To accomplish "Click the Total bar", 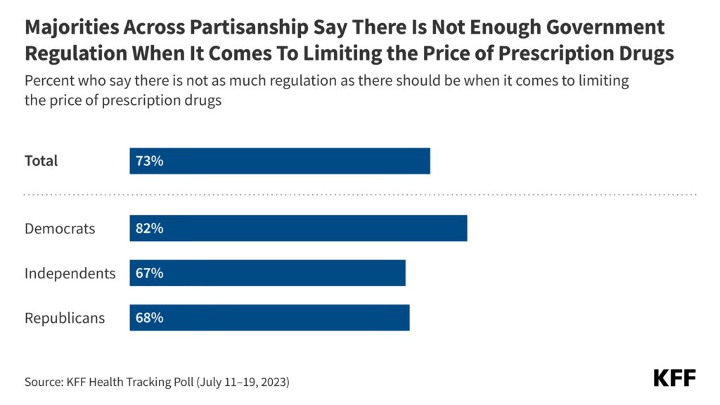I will [x=280, y=161].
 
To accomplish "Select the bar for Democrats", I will [x=298, y=229].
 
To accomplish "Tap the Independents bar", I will [x=267, y=273].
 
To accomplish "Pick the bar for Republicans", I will [x=269, y=317].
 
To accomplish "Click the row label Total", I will [x=41, y=161].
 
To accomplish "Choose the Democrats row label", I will [x=60, y=229].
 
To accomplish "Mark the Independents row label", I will [x=70, y=274].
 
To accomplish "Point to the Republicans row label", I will [x=65, y=318].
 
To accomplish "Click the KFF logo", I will [x=674, y=378].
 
